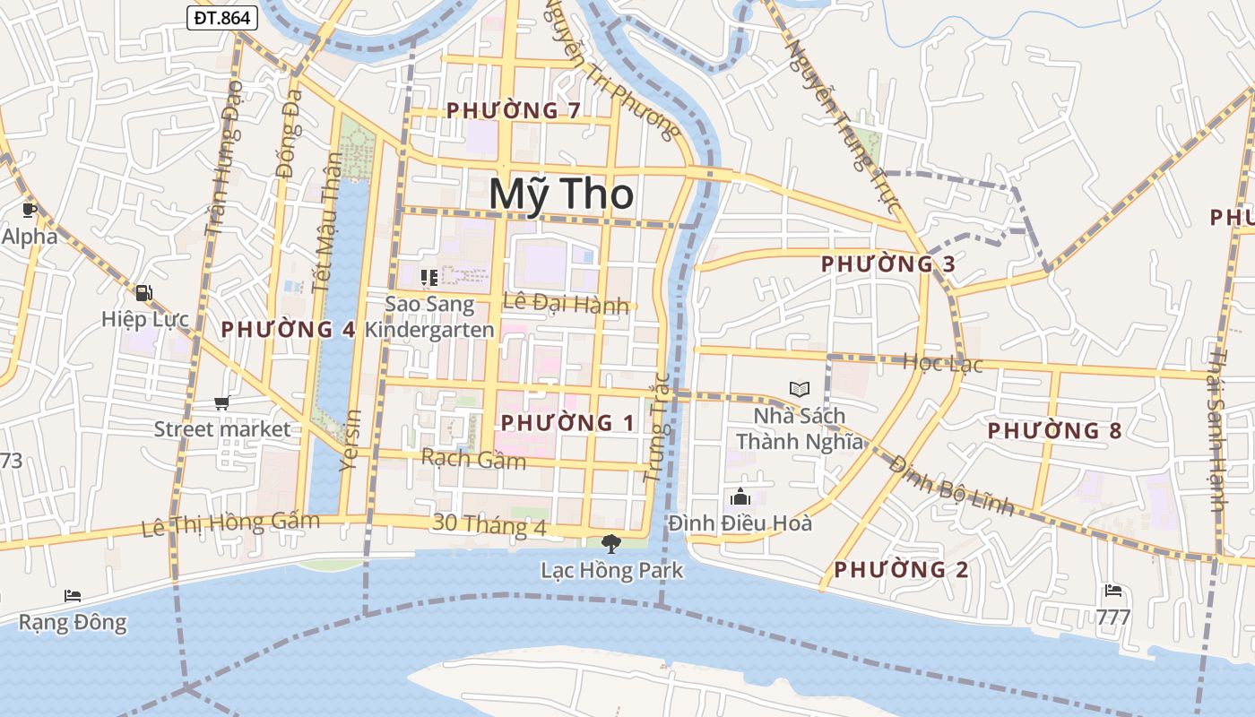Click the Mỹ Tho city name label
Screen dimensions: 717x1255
(x=562, y=194)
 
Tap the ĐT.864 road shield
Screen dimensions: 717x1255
(x=222, y=17)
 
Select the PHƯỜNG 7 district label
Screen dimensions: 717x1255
(x=514, y=110)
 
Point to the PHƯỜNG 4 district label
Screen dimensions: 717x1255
(x=289, y=329)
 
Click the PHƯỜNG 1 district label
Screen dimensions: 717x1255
(x=567, y=422)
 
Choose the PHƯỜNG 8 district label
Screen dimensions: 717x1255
(x=1054, y=430)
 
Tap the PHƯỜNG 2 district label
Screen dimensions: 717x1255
(x=901, y=569)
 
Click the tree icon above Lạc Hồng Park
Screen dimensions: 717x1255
(x=610, y=543)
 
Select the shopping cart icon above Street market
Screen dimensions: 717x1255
(x=221, y=403)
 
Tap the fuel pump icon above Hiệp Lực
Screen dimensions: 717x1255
(x=143, y=292)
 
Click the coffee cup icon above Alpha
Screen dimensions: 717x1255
(x=29, y=211)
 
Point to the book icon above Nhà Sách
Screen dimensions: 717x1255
(x=799, y=389)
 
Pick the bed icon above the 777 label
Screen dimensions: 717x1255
(x=1113, y=591)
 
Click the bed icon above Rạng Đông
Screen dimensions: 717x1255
(x=73, y=595)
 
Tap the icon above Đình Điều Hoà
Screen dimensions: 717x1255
(x=740, y=496)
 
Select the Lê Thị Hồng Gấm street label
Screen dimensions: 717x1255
(x=230, y=523)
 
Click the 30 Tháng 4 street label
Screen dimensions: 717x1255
(x=489, y=524)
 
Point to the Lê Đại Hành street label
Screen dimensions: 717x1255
(x=566, y=304)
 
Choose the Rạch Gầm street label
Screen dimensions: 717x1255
(x=473, y=459)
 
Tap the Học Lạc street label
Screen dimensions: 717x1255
(x=942, y=363)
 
